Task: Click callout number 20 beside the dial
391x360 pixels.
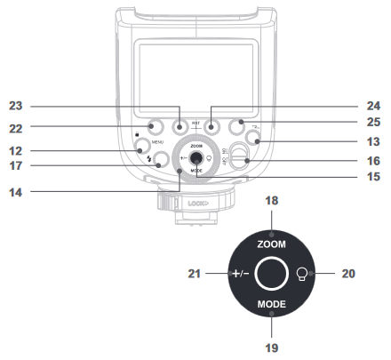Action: [x=348, y=274]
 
